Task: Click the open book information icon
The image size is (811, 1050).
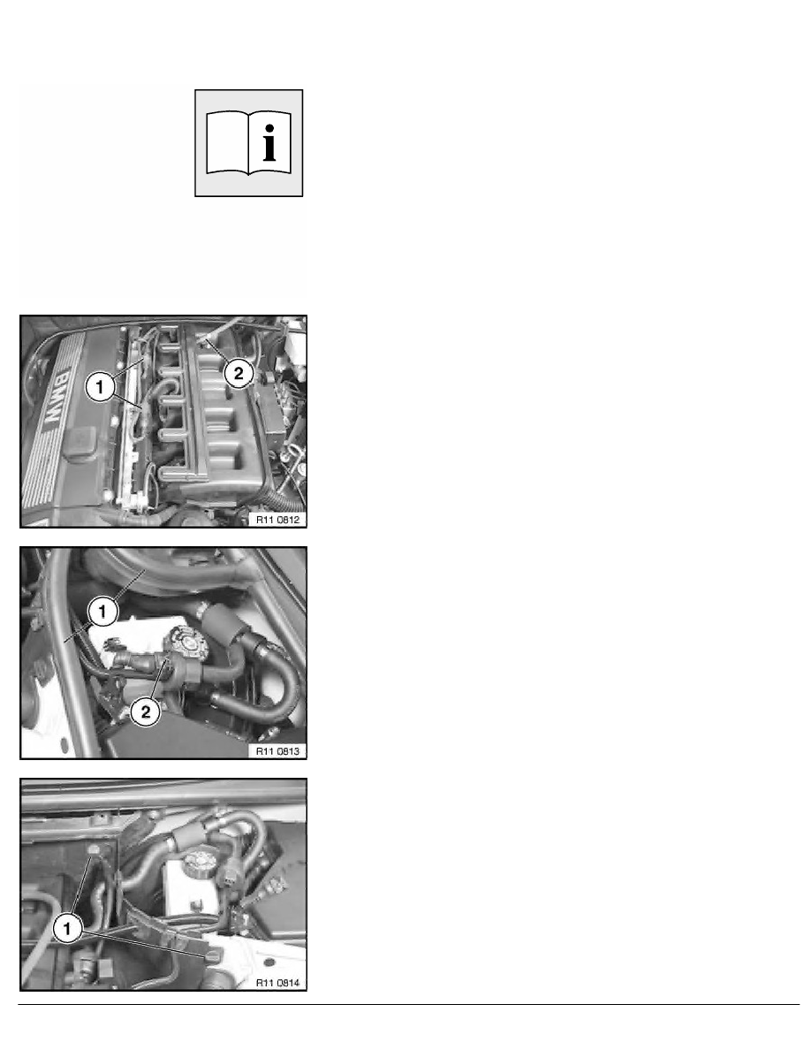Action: point(249,142)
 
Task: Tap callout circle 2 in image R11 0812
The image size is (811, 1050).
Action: point(237,373)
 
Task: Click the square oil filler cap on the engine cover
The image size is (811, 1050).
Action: point(83,442)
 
